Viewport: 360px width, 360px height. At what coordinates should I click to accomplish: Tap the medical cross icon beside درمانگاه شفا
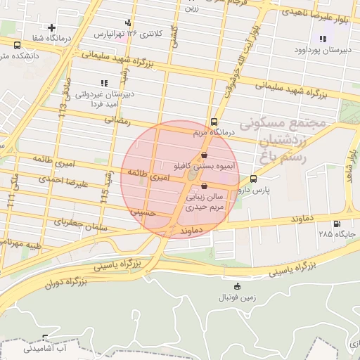tap(51, 28)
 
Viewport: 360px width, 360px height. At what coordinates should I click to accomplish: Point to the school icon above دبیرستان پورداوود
tap(323, 39)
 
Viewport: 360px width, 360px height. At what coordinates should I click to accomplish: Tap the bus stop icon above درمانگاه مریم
tap(214, 122)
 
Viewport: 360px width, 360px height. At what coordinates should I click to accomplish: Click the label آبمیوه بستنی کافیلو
tap(204, 167)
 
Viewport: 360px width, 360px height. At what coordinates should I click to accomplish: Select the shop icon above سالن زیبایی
tap(204, 186)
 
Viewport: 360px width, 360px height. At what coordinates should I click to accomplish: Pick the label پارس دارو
tap(253, 190)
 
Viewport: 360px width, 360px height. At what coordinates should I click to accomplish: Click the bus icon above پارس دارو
tap(253, 179)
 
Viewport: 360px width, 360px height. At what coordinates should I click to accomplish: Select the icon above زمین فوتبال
tap(237, 286)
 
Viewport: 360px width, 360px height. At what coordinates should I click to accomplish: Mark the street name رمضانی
tap(117, 120)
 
